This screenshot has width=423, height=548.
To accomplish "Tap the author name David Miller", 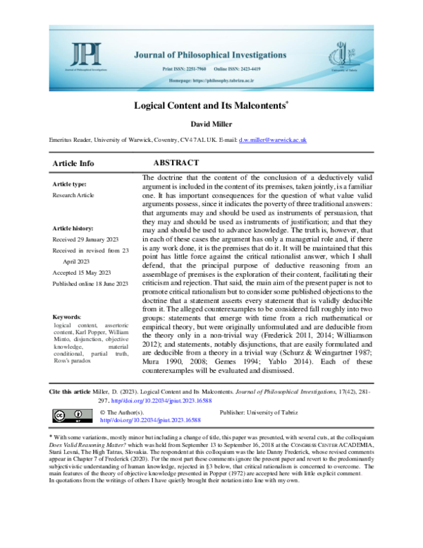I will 211,125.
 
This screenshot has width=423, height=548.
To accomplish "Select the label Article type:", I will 70,184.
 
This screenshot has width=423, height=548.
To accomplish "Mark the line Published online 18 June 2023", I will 91,285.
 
